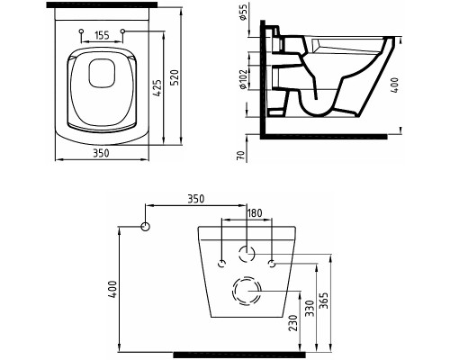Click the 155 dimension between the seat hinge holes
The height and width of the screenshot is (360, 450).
click(x=102, y=36)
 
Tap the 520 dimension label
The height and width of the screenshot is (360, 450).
click(x=175, y=77)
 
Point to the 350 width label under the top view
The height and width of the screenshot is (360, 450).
click(x=101, y=153)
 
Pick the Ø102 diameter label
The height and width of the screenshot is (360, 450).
click(x=243, y=79)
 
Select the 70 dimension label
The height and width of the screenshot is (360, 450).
click(x=241, y=155)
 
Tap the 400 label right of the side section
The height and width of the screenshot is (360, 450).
click(x=395, y=85)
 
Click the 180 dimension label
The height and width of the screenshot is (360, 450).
click(x=254, y=213)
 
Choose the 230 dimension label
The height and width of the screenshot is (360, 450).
click(x=293, y=322)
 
